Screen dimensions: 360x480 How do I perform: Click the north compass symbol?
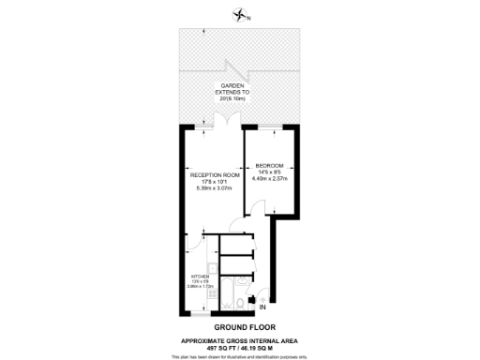click(x=241, y=16)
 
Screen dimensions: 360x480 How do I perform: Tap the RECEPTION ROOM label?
click(x=215, y=175)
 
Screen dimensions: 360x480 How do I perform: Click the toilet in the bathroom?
click(x=241, y=302)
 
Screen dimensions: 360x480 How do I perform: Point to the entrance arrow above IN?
click(x=262, y=296)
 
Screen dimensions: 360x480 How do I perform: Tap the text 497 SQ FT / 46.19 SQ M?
click(x=240, y=346)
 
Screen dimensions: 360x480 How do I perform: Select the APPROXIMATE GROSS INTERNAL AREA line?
click(x=240, y=339)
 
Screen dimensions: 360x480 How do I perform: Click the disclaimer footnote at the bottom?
click(x=240, y=355)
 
